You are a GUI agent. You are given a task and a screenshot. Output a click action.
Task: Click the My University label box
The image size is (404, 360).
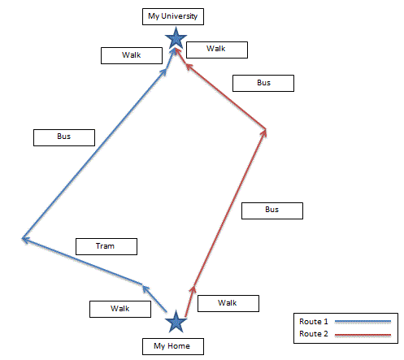(173, 16)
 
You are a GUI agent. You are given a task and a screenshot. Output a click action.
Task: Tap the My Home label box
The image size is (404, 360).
(173, 346)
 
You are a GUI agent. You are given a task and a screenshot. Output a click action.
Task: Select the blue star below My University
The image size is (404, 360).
(176, 38)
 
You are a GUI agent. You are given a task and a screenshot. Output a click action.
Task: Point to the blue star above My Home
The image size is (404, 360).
(176, 321)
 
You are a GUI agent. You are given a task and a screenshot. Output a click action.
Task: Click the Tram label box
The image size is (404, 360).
(106, 246)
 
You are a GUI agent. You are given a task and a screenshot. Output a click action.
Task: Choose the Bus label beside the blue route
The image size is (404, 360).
(64, 137)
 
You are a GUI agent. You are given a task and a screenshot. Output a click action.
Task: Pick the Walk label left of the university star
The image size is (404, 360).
(132, 56)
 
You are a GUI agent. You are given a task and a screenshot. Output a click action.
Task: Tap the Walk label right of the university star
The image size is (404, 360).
(217, 50)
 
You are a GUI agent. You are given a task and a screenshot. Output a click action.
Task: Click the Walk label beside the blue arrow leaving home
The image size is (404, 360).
(120, 309)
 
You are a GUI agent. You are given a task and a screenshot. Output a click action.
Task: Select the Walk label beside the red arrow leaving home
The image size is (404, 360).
(228, 303)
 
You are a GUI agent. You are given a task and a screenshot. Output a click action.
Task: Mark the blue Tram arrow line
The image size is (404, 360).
(82, 262)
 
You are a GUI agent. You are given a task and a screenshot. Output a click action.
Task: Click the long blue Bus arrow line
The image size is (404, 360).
(94, 154)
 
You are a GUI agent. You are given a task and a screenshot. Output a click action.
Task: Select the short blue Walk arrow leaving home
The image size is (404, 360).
(154, 299)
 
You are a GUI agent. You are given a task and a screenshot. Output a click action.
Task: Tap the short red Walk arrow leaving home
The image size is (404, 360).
(190, 301)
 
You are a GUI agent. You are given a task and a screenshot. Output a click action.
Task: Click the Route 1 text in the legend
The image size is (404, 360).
(314, 322)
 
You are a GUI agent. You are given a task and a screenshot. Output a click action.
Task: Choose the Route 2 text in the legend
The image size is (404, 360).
(314, 334)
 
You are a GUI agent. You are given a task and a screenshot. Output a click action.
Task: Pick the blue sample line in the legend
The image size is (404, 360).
(363, 322)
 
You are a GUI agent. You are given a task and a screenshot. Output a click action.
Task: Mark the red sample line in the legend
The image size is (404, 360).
(363, 335)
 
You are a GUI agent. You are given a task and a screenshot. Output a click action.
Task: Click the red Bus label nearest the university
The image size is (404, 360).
(263, 83)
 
